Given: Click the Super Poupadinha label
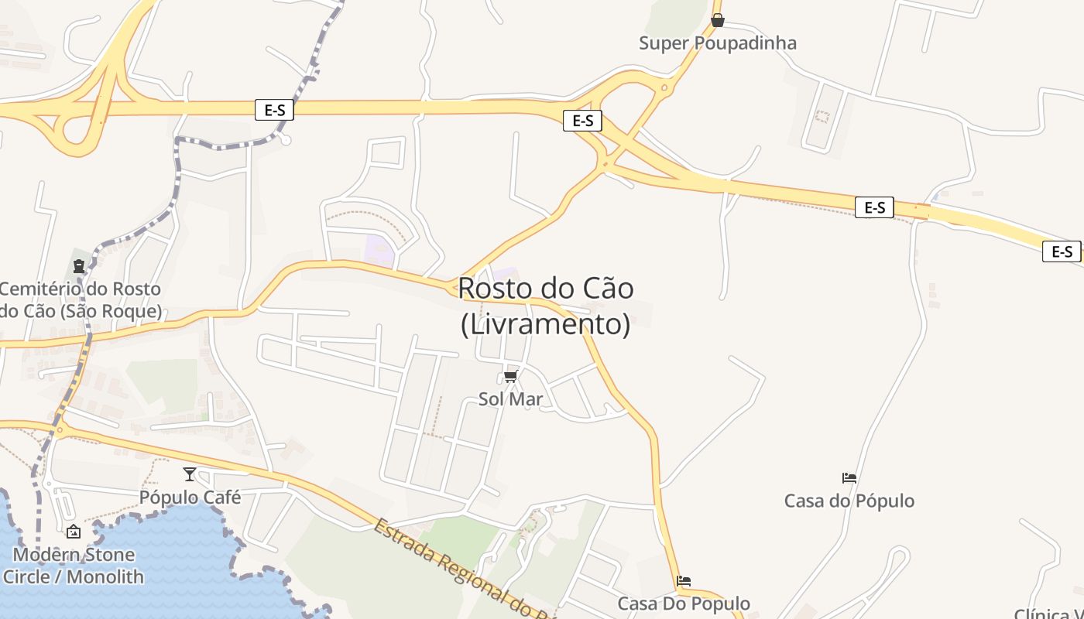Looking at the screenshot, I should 717,43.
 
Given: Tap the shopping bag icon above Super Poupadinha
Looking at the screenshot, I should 718,20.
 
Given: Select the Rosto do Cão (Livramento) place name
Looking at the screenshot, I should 546,306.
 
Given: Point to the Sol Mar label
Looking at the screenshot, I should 510,400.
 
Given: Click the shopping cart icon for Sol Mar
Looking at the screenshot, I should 510,377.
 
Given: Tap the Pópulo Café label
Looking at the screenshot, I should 190,498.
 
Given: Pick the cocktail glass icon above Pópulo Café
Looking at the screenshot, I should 190,474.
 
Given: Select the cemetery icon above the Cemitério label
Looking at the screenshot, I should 79,266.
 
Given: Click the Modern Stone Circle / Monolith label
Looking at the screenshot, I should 74,566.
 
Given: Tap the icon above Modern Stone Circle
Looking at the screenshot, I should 74,532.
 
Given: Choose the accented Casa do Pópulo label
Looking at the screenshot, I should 849,501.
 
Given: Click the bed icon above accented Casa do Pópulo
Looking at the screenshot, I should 849,478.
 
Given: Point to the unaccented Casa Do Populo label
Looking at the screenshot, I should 684,604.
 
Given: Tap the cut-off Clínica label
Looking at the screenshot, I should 1049,613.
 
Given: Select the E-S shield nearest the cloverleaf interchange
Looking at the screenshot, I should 275,110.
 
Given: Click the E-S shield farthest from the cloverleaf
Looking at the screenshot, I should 1062,251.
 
